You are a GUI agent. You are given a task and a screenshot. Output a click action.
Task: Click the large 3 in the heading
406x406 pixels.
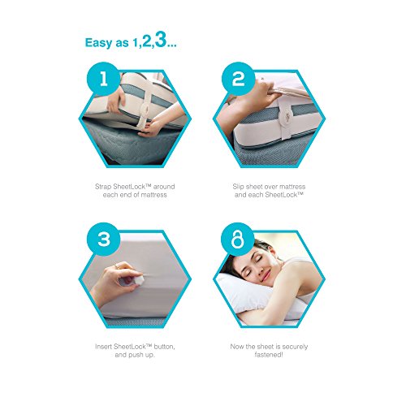pyautogui.click(x=160, y=40)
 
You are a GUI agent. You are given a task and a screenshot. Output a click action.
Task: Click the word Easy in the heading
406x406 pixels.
pyautogui.click(x=97, y=43)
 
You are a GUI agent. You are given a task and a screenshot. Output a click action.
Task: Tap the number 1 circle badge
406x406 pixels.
pyautogui.click(x=103, y=79)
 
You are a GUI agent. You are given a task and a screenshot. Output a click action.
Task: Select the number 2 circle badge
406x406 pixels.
pyautogui.click(x=238, y=79)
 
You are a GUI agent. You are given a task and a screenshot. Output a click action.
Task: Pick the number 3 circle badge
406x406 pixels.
pyautogui.click(x=103, y=239)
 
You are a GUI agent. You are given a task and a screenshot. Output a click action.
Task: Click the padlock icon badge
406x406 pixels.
pyautogui.click(x=238, y=239)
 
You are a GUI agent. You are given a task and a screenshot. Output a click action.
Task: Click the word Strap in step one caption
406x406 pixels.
pyautogui.click(x=103, y=187)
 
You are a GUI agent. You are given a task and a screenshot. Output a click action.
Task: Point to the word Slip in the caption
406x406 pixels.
pyautogui.click(x=238, y=187)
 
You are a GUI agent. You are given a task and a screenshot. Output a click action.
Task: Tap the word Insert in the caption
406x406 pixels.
pyautogui.click(x=103, y=347)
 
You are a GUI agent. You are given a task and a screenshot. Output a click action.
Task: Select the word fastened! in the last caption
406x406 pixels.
pyautogui.click(x=269, y=355)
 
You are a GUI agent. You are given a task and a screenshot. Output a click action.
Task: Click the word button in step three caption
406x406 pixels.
pyautogui.click(x=164, y=347)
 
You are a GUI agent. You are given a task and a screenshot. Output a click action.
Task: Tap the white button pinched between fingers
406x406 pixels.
pyautogui.click(x=139, y=278)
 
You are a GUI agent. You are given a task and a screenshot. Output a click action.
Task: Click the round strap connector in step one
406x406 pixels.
pyautogui.click(x=144, y=110)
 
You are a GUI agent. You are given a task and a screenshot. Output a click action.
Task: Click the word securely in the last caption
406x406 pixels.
pyautogui.click(x=295, y=347)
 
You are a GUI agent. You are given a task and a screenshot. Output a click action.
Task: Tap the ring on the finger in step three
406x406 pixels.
pyautogui.click(x=116, y=266)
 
